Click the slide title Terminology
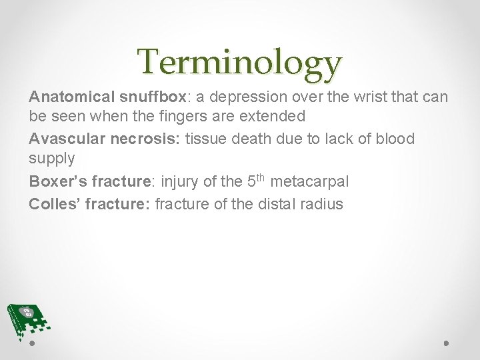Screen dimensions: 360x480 click(240, 63)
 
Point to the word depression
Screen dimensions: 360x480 click(246, 97)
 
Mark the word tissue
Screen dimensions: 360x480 click(204, 139)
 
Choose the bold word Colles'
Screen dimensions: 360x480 click(55, 204)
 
